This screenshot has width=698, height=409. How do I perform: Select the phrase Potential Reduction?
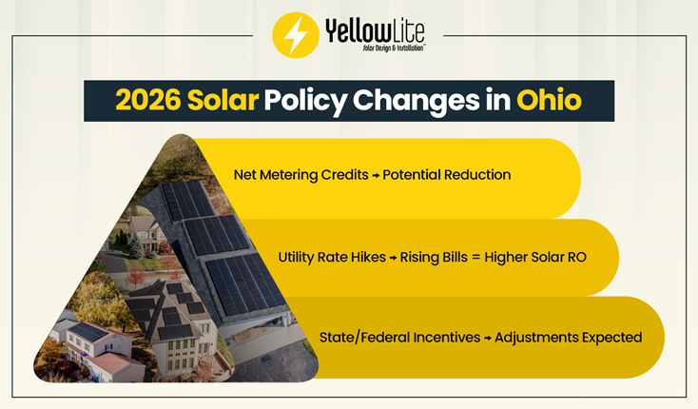pos(446,175)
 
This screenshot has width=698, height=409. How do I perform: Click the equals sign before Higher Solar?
pos(482,257)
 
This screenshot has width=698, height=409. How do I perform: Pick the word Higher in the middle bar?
pos(515,257)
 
